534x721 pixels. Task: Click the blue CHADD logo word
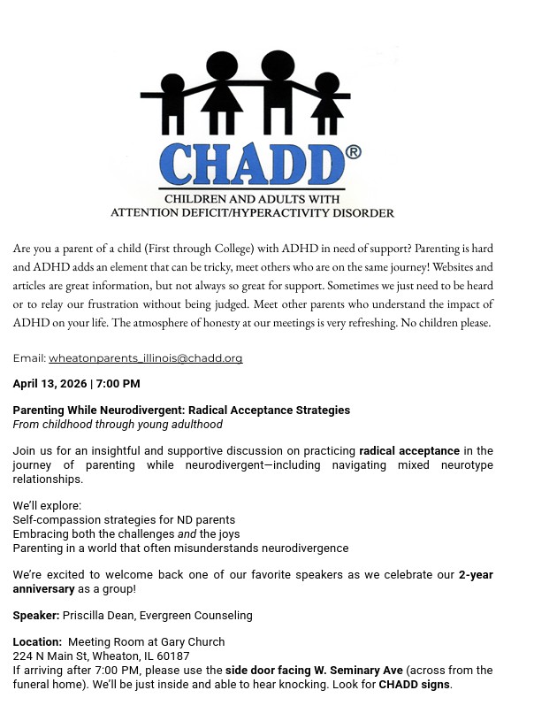pos(250,165)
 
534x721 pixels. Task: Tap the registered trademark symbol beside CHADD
pos(354,152)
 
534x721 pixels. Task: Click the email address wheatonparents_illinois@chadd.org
pos(145,358)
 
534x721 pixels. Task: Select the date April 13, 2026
pos(49,384)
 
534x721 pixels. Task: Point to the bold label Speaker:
pos(36,615)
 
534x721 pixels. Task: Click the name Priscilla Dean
pos(96,615)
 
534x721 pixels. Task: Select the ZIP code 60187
pos(172,656)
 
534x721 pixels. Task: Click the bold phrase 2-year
pos(476,575)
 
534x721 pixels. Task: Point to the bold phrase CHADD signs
pos(415,685)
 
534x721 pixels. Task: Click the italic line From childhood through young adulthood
pos(118,425)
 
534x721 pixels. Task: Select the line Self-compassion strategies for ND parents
pos(124,520)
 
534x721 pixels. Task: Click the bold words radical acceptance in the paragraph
pos(408,451)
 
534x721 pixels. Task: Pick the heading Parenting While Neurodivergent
pos(99,410)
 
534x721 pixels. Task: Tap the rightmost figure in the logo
pos(329,102)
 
